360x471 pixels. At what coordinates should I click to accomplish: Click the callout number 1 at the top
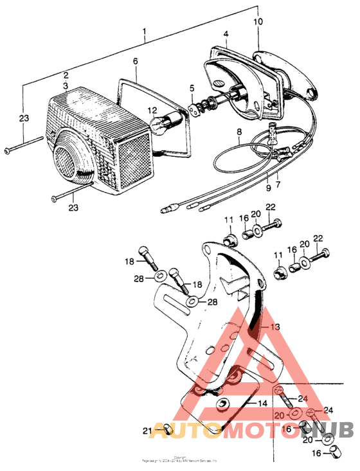[145, 31]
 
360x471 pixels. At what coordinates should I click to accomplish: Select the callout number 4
[226, 33]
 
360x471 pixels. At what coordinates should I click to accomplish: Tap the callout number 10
[258, 22]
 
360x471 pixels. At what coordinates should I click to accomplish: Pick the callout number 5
[192, 87]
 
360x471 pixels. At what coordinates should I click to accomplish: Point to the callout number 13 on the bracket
[275, 327]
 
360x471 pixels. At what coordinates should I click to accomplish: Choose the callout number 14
[262, 403]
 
